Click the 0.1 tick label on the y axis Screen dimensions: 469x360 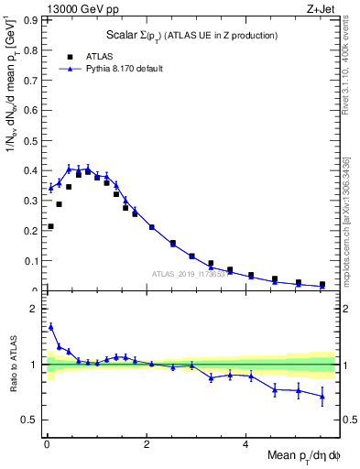31,261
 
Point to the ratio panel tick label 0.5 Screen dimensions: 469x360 31,420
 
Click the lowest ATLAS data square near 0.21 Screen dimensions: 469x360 50,226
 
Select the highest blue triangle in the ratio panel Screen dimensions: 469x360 50,326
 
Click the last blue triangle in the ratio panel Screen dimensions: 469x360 322,396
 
